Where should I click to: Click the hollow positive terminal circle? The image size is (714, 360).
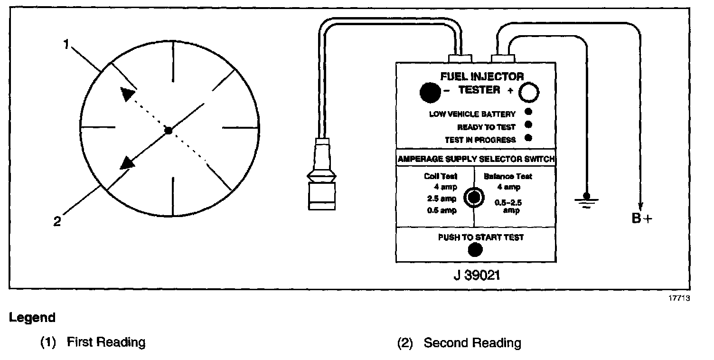pos(528,93)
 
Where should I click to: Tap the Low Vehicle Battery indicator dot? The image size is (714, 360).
pos(527,113)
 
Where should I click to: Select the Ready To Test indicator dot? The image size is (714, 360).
pos(527,125)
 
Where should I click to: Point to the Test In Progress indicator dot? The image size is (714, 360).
pos(527,139)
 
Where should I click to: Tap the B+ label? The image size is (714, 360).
pos(642,218)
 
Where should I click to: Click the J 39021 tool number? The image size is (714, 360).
pos(476,275)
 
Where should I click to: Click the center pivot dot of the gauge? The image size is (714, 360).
pos(168,130)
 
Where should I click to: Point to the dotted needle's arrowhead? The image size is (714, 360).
pos(127,94)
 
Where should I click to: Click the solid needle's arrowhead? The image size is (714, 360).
pos(127,163)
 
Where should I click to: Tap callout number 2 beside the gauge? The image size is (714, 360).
pos(57,221)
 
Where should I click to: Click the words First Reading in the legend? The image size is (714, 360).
pos(106,342)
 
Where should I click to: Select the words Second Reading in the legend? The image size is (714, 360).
pos(472,343)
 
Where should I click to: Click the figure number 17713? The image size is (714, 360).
pos(678,299)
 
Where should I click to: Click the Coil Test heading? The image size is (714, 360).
pos(441,176)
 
